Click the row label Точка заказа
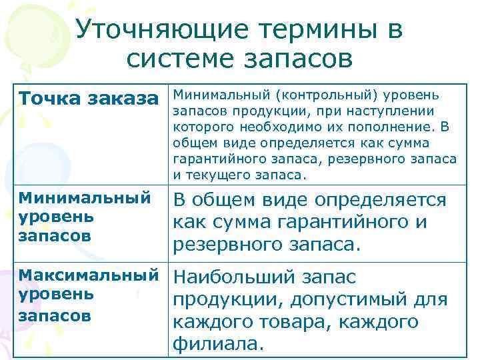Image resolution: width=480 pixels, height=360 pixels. [x=93, y=99]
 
